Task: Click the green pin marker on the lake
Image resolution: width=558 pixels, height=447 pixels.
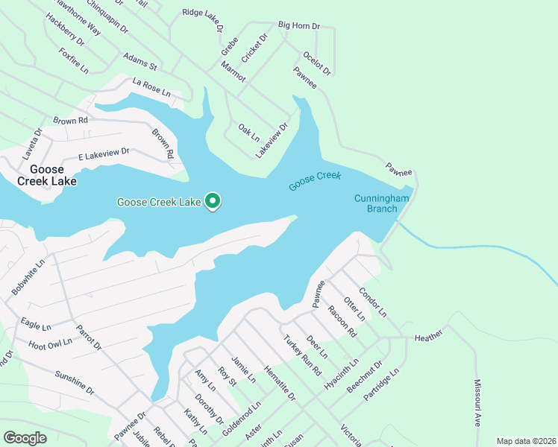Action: tap(213, 201)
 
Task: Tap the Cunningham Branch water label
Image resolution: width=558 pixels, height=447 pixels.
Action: tap(377, 203)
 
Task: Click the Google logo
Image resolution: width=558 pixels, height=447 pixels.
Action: tap(25, 437)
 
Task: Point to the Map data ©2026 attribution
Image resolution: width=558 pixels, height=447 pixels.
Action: tap(525, 441)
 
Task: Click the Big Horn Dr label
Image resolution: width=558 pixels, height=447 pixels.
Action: tap(298, 25)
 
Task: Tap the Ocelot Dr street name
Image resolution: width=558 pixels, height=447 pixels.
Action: tap(317, 63)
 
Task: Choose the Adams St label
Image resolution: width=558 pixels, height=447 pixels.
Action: tap(140, 60)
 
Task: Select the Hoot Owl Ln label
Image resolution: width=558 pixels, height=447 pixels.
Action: tap(51, 343)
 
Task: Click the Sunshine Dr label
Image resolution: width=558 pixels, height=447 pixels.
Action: tap(75, 379)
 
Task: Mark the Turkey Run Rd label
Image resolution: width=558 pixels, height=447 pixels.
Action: tap(301, 355)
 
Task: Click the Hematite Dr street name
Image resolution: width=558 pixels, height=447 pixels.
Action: tap(280, 384)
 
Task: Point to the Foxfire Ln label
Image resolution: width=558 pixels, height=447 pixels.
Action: tap(74, 61)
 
